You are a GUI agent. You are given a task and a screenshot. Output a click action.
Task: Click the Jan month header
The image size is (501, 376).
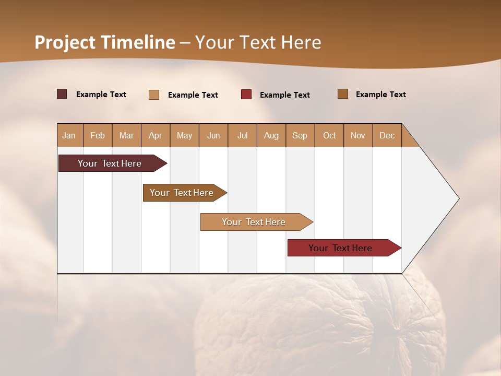69,135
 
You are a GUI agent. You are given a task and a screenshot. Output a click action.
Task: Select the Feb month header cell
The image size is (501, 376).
98,135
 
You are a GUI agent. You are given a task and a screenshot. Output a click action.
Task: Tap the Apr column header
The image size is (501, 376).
156,135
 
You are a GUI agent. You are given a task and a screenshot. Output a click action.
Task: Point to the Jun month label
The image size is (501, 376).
213,135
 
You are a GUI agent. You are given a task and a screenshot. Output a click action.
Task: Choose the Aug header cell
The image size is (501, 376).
271,135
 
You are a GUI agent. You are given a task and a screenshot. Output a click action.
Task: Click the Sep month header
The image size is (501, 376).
300,135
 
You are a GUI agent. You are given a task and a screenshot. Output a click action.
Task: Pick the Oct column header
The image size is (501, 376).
329,135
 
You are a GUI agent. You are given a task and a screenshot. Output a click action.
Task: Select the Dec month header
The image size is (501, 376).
387,135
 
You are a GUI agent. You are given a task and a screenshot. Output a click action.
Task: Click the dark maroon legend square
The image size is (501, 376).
62,94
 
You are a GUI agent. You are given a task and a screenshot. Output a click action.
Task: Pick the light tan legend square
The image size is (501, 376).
154,95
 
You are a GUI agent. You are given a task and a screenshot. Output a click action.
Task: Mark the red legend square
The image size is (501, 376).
246,95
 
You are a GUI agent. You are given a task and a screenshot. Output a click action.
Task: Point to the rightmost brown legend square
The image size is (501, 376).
343,94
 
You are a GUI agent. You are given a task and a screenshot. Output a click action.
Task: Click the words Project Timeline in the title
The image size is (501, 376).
105,42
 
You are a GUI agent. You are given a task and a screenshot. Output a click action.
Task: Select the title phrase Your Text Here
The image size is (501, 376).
258,42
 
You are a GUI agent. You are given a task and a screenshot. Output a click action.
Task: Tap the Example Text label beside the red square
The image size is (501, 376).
284,95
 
